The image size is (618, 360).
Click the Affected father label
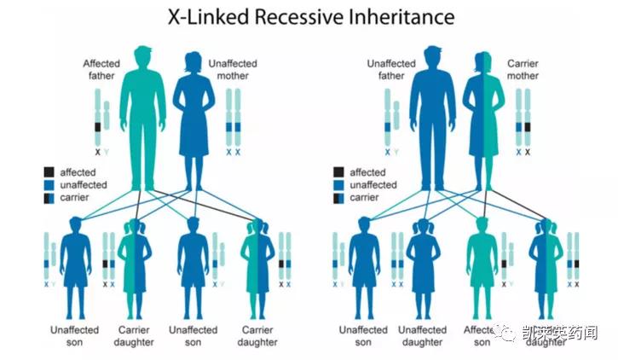point(102,69)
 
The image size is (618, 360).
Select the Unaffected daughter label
point(423,335)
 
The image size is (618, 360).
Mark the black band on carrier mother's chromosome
point(528,127)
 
